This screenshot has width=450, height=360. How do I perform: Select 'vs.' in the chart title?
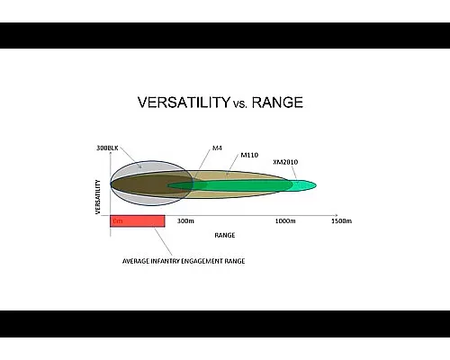point(242,103)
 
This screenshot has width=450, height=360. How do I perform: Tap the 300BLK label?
point(107,146)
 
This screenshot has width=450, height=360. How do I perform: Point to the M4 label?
point(217,147)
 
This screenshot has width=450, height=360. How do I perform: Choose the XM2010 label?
point(285,162)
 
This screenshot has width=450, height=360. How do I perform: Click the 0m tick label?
point(116,220)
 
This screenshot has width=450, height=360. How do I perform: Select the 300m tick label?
point(185,220)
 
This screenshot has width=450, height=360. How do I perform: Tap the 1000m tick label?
point(285,220)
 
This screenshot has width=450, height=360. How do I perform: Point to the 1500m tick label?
point(341,220)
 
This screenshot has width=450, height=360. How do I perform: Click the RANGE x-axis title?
point(225,236)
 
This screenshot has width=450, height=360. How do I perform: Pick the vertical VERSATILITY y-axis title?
point(97,194)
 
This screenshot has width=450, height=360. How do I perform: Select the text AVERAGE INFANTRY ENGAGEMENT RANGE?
point(184,261)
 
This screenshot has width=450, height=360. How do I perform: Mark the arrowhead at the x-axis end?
point(336,215)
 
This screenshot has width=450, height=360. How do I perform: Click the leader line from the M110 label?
point(233,166)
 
